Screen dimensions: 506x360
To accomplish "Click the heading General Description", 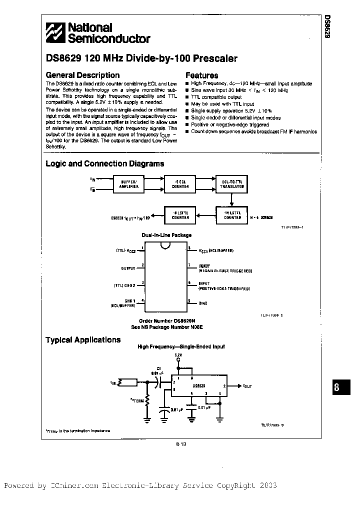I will coord(82,75).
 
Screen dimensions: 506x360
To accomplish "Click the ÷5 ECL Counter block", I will coord(180,184).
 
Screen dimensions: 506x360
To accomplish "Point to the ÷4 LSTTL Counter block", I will coord(180,215).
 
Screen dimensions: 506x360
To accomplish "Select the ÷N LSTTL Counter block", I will coord(232,215).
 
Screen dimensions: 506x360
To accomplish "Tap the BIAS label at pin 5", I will coord(203,303).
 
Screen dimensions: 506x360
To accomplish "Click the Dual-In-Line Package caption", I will coord(165,235).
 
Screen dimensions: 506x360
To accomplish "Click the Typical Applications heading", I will coord(83,340).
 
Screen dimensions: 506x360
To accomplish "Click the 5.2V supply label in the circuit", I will coord(178,354).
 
